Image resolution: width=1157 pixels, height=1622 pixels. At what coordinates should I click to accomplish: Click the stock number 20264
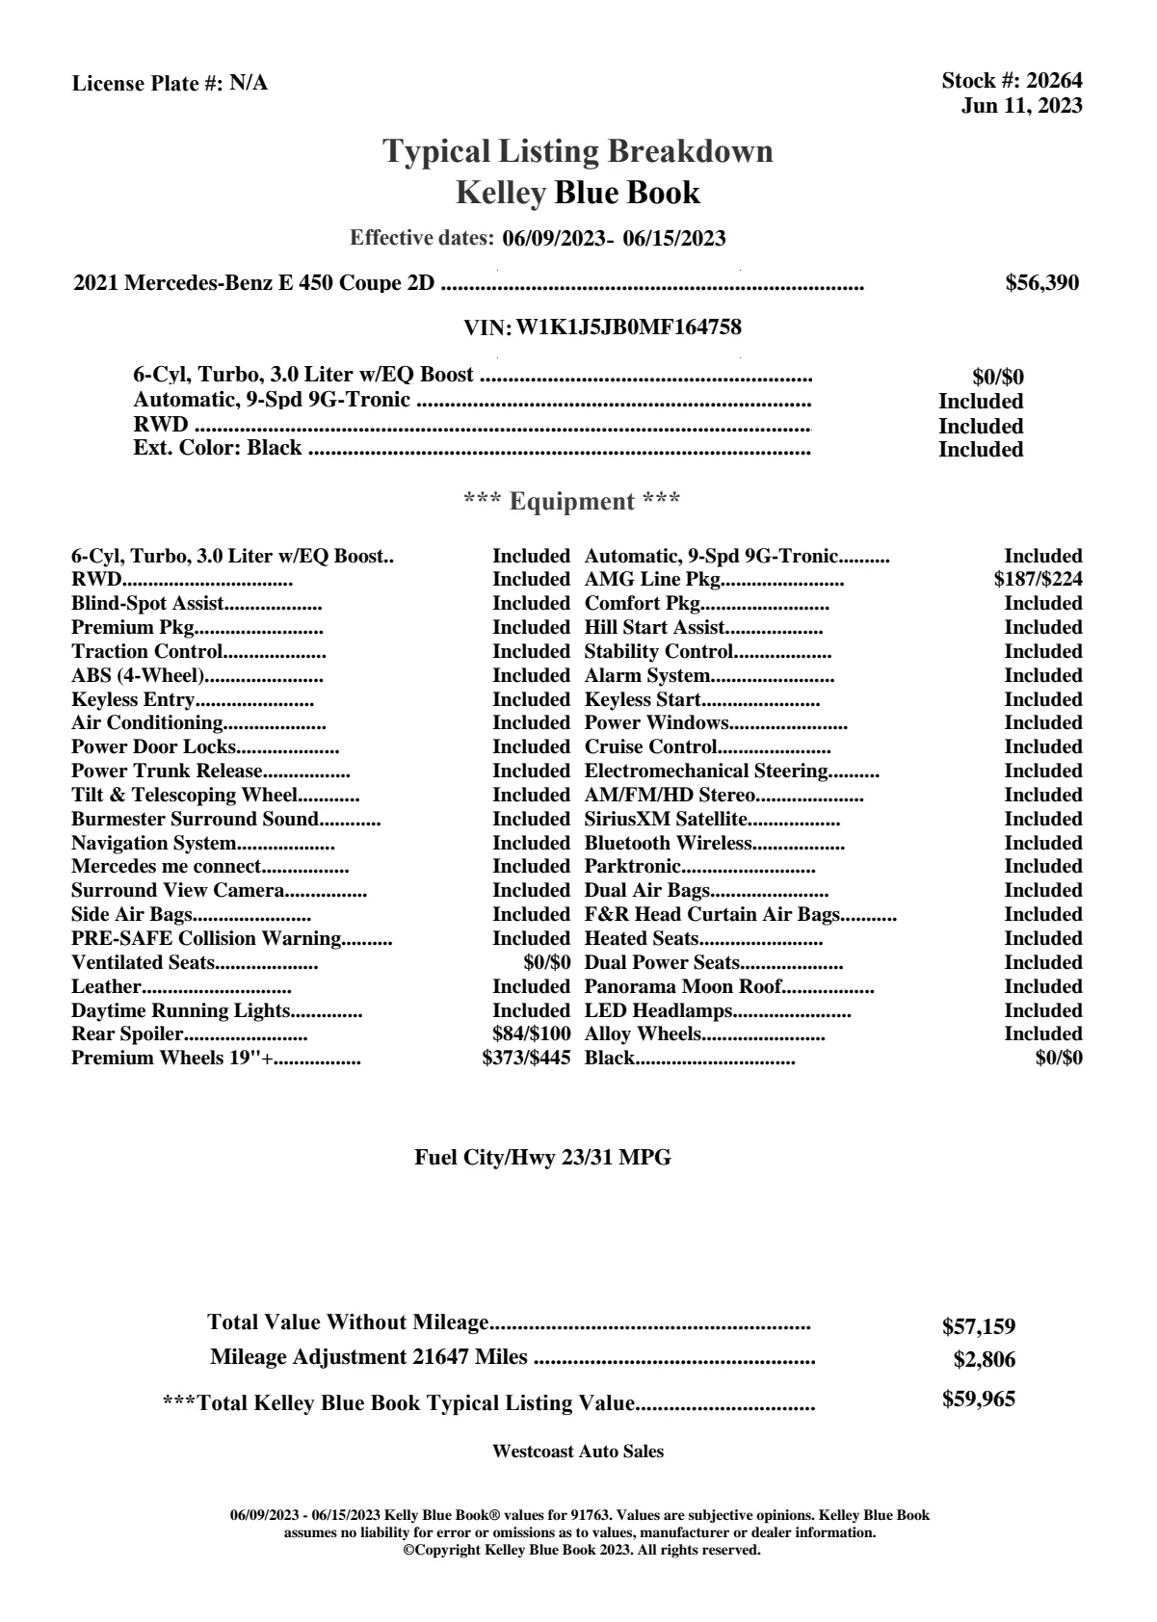[x=1054, y=81]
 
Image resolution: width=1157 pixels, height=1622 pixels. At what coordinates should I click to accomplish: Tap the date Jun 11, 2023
[x=1021, y=105]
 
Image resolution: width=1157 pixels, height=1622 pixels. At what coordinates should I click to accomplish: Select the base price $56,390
[x=1042, y=283]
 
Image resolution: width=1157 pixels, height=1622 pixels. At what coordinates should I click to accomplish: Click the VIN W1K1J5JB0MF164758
[x=629, y=327]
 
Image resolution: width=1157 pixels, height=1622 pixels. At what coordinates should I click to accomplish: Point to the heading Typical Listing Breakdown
[x=578, y=151]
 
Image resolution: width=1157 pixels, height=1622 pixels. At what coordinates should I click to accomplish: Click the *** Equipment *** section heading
[x=572, y=501]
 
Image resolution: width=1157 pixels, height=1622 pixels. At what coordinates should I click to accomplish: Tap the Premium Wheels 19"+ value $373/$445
[x=526, y=1059]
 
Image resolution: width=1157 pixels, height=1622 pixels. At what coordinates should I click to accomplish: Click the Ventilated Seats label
[x=143, y=962]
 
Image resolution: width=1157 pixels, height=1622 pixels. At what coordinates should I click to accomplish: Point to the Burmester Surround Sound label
[x=195, y=819]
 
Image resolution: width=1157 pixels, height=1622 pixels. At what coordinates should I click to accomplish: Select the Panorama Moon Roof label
[x=683, y=986]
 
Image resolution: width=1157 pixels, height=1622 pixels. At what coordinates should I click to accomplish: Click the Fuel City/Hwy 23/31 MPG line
[x=542, y=1158]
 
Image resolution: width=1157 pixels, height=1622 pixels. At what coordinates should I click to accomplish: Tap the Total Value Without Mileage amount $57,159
[x=979, y=1327]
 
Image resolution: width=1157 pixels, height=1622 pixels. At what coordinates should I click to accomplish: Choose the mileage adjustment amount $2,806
[x=985, y=1360]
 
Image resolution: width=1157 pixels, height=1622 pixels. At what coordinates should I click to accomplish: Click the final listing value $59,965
[x=979, y=1400]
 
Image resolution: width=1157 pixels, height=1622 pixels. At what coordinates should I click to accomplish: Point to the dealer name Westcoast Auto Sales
[x=578, y=1452]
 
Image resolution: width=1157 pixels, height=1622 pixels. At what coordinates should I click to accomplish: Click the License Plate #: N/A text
[x=170, y=84]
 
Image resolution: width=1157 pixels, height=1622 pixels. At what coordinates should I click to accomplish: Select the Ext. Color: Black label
[x=218, y=448]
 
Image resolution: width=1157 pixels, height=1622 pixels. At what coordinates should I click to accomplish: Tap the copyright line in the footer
[x=582, y=1551]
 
